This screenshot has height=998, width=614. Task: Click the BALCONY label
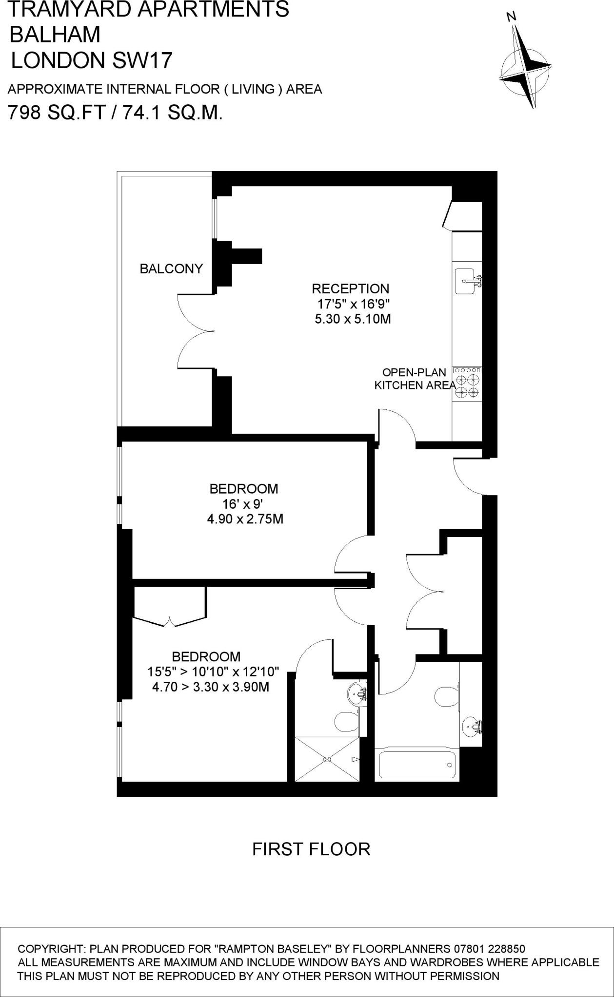click(x=171, y=269)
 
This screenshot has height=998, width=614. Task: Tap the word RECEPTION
click(x=350, y=288)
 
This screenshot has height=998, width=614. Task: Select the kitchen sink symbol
click(x=467, y=281)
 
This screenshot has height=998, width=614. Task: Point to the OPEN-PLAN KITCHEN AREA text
click(x=414, y=379)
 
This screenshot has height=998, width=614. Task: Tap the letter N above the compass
click(x=511, y=18)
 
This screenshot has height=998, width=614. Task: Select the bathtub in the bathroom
click(x=417, y=765)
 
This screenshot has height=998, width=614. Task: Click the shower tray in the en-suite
click(x=327, y=759)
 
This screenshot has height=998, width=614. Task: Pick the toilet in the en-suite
click(x=346, y=722)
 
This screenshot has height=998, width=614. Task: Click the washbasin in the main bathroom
click(x=471, y=727)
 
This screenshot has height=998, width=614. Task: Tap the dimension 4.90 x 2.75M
click(x=245, y=519)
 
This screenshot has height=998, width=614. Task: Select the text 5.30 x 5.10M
click(x=353, y=319)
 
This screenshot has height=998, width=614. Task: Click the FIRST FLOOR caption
click(x=311, y=849)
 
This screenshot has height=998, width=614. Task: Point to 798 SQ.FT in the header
click(x=57, y=113)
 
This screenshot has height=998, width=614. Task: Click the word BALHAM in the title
click(x=55, y=35)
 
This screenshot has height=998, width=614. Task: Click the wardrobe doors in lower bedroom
click(x=169, y=621)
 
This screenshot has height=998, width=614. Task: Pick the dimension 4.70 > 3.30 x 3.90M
click(x=211, y=687)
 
